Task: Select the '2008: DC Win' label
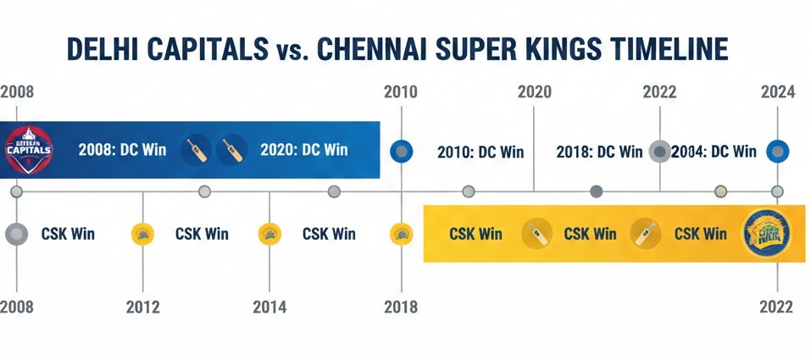click(122, 151)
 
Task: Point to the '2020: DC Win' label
click(304, 151)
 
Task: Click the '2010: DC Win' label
click(480, 152)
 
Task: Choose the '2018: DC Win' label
click(599, 152)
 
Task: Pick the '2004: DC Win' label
click(714, 152)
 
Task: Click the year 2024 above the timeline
click(778, 92)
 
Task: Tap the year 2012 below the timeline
click(142, 307)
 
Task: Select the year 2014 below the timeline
click(269, 307)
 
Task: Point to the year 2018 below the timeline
click(401, 307)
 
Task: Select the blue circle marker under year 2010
click(401, 152)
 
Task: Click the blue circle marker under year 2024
click(778, 152)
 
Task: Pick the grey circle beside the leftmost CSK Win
click(16, 234)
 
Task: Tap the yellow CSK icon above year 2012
click(142, 234)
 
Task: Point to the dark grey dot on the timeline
click(596, 191)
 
